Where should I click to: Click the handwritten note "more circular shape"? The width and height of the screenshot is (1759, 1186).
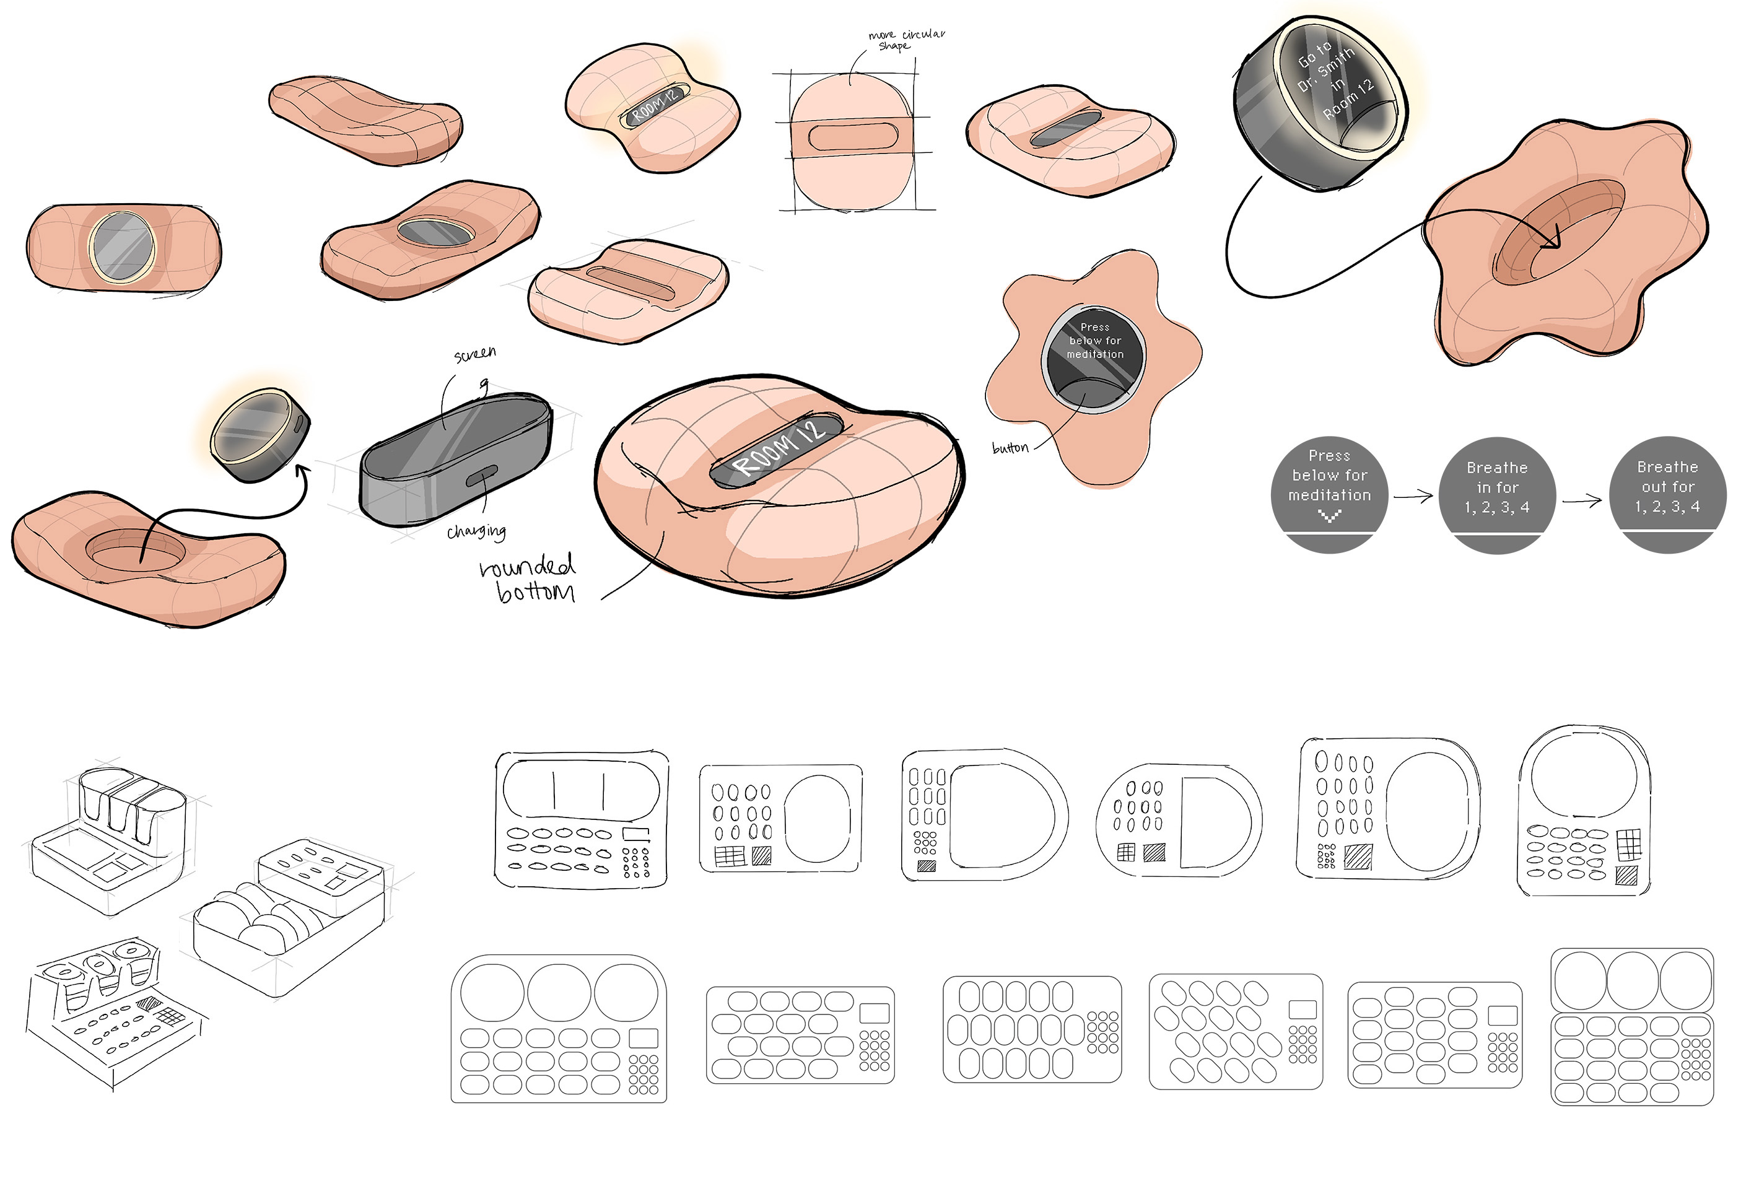tap(906, 40)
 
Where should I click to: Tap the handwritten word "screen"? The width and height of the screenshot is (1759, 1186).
tap(475, 354)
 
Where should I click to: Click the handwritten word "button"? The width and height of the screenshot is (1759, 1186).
tap(1010, 448)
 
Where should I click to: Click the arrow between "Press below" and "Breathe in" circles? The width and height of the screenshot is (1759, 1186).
tap(1413, 497)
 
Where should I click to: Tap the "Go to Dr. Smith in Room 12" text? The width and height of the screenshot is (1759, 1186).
tap(1335, 80)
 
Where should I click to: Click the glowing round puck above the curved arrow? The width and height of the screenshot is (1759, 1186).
tap(260, 435)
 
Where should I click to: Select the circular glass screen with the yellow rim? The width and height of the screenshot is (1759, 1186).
tap(122, 247)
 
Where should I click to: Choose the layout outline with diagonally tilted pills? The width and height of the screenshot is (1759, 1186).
tap(1236, 1032)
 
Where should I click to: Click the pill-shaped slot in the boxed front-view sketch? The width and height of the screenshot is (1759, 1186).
tap(852, 137)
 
